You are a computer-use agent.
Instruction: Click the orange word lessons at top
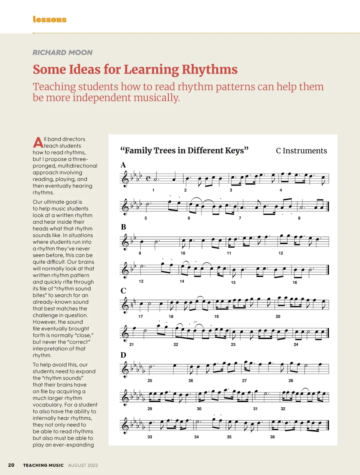49,20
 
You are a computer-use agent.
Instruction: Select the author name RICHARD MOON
62,53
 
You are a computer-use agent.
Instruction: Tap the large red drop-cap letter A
38,143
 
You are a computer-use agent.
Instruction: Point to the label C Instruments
301,151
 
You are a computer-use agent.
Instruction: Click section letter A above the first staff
123,165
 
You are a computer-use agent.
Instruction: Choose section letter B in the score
123,227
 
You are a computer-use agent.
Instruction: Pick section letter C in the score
123,291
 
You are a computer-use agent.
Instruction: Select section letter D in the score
123,355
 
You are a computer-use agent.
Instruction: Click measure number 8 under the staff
299,218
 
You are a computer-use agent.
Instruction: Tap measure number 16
295,283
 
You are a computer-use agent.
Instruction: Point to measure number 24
296,344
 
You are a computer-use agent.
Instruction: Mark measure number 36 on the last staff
272,437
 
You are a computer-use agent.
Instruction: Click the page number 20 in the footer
11,465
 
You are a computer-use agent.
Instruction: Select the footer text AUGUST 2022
83,465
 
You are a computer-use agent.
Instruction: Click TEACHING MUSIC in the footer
43,465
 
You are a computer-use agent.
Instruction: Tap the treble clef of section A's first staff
125,179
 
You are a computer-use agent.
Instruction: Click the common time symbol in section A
148,179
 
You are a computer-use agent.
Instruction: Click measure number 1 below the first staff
153,190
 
